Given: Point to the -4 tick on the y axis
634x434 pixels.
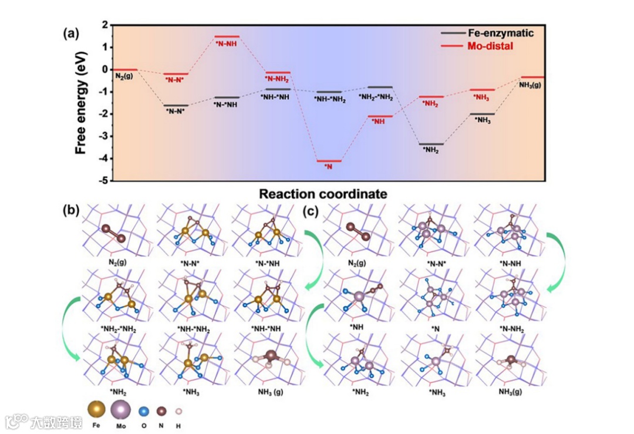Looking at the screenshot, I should click(104, 159).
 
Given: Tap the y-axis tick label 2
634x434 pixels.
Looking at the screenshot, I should click(104, 25).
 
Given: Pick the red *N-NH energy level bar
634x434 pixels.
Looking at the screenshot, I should click(227, 36).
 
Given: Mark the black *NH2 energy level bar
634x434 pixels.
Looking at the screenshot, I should click(430, 144).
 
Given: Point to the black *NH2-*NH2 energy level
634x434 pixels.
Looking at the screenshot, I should click(380, 87).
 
